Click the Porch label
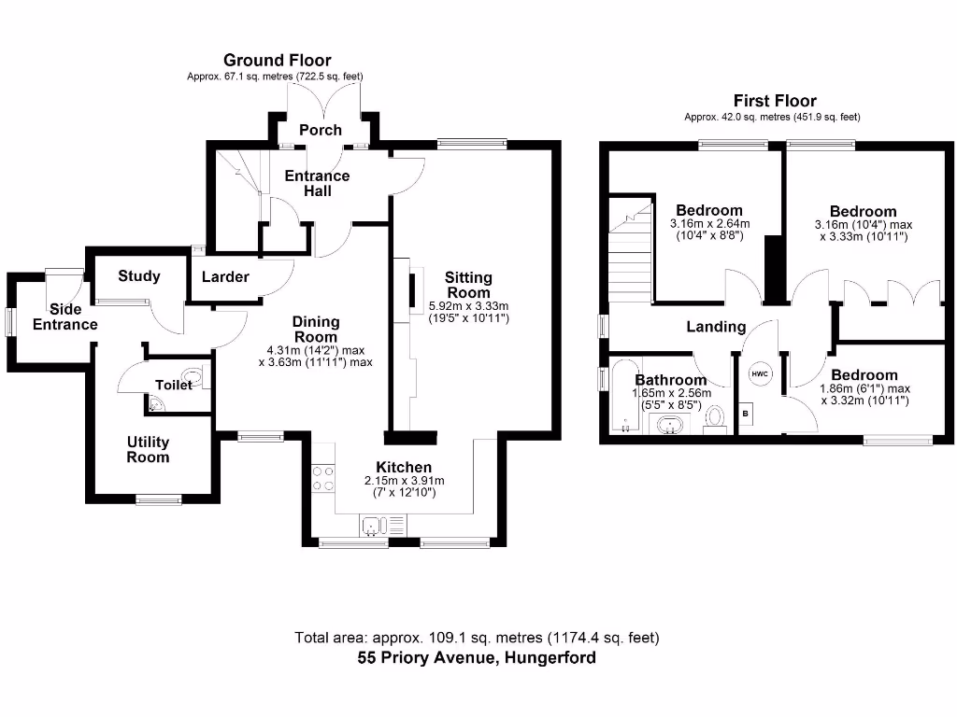click(x=321, y=130)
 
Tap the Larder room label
click(x=225, y=277)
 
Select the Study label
click(x=139, y=276)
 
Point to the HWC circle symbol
click(x=759, y=373)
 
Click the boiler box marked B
click(x=747, y=412)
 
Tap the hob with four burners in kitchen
click(x=323, y=479)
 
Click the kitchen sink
click(x=373, y=528)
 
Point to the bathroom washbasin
click(x=670, y=426)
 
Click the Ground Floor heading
click(x=277, y=61)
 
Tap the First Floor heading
click(x=775, y=101)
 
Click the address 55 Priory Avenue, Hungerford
click(x=477, y=657)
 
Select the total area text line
click(x=477, y=639)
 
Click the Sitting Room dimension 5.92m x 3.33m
click(x=468, y=306)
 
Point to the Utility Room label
click(x=149, y=449)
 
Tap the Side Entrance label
click(x=65, y=317)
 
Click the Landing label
click(x=716, y=327)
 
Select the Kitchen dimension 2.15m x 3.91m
click(x=404, y=481)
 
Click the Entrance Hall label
click(x=317, y=183)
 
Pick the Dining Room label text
click(x=317, y=329)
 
